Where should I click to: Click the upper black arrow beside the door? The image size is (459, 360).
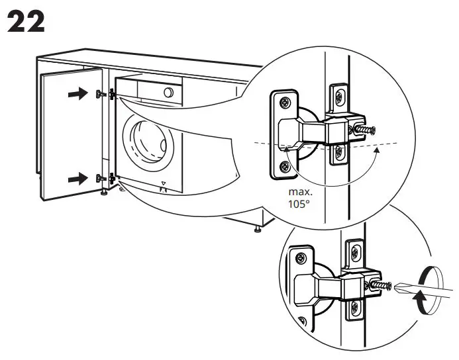pyautogui.click(x=77, y=95)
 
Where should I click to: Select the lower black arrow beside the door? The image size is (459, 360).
pyautogui.click(x=77, y=178)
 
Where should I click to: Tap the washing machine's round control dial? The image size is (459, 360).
pyautogui.click(x=169, y=92)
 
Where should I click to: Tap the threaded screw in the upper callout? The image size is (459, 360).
pyautogui.click(x=366, y=130)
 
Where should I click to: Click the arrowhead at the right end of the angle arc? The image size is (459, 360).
pyautogui.click(x=378, y=152)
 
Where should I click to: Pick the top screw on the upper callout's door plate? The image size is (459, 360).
pyautogui.click(x=284, y=103)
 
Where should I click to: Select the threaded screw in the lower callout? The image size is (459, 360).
pyautogui.click(x=382, y=285)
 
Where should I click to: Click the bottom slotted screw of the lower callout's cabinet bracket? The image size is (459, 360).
pyautogui.click(x=355, y=306)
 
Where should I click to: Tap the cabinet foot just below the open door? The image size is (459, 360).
pyautogui.click(x=104, y=193)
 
